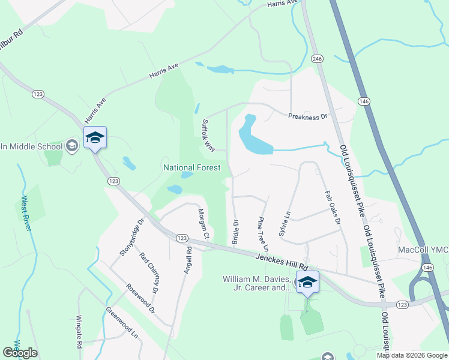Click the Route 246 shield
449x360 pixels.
tap(317, 59)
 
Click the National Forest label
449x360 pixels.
tap(192, 168)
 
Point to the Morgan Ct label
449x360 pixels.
tap(204, 224)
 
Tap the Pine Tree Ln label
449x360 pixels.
tap(262, 234)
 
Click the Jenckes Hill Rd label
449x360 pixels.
tap(282, 262)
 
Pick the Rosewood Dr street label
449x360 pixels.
tap(140, 298)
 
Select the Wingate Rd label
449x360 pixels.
tap(78, 332)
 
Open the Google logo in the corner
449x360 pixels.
tap(20, 353)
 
